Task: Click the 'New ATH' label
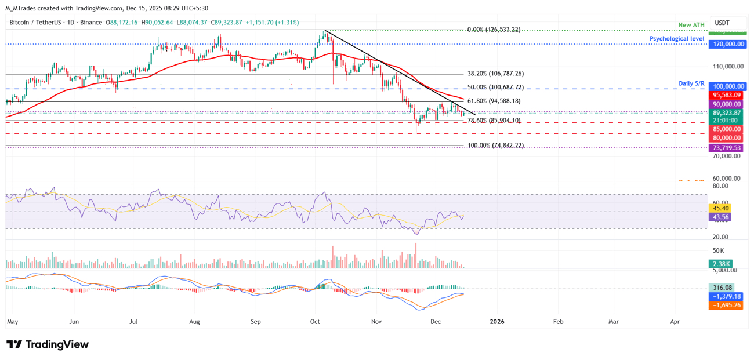[x=691, y=25]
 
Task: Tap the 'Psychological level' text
[x=677, y=39]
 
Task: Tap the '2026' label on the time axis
[x=496, y=321]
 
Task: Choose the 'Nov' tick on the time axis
[x=377, y=321]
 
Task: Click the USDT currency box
[x=722, y=23]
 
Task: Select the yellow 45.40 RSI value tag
[x=722, y=208]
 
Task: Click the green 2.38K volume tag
[x=722, y=264]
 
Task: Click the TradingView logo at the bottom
[x=48, y=344]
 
